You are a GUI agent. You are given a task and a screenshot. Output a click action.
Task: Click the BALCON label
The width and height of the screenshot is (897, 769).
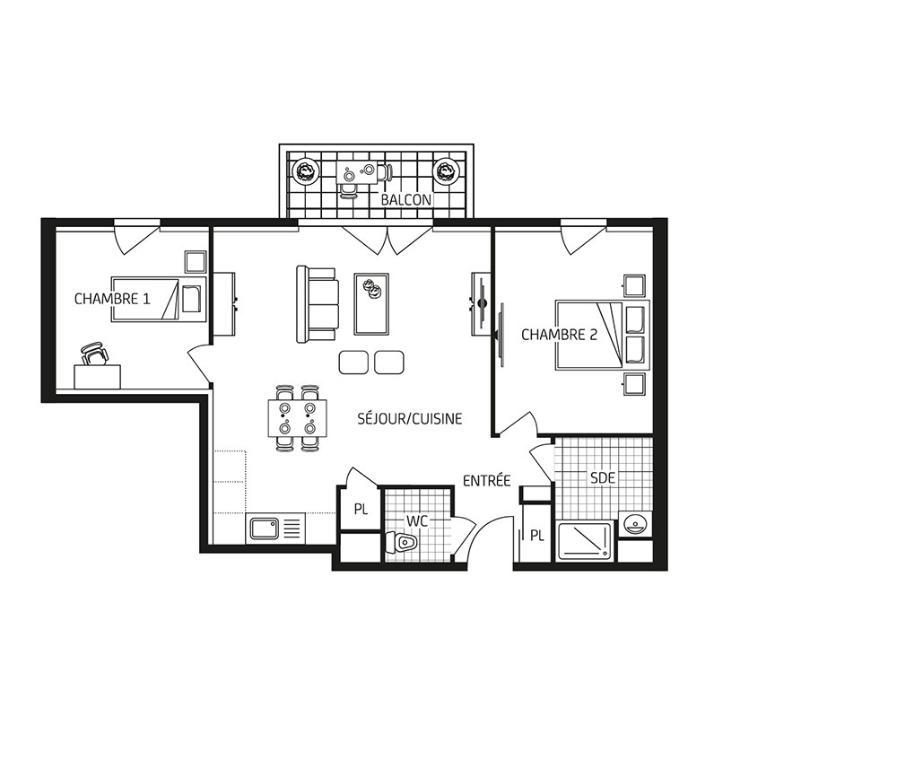point(405,200)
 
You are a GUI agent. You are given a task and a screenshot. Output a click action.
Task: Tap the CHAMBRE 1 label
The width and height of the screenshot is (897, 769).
point(112,299)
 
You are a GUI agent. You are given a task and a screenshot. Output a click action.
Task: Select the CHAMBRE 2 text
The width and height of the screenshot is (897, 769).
point(559,334)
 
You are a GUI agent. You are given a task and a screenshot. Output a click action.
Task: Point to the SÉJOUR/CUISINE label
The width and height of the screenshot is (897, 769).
point(410,419)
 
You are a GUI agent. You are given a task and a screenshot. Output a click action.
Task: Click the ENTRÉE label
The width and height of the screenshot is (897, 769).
point(486,481)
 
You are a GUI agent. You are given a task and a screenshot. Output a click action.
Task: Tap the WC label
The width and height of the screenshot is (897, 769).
point(417,521)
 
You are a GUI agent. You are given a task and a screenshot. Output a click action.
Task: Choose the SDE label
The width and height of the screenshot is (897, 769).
point(603,477)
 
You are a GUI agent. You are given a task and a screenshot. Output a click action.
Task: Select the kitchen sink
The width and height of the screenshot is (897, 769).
point(263,529)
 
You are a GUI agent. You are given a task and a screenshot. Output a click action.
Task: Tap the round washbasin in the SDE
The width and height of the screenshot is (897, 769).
point(635,522)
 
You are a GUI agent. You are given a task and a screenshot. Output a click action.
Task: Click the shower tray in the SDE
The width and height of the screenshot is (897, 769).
point(585,541)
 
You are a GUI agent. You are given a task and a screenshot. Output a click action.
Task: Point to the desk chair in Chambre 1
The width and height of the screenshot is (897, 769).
point(95,354)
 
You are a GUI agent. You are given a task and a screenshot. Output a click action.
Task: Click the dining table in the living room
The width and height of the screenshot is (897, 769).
point(298,418)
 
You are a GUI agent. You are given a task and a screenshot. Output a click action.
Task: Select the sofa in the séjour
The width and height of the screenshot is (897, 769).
point(317,304)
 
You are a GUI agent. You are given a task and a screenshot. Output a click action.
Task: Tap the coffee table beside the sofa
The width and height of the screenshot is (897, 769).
point(371,304)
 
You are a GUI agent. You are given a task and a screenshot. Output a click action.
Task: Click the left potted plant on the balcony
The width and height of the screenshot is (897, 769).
point(306,171)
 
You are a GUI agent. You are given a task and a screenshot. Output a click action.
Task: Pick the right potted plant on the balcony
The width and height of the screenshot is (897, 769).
point(446,171)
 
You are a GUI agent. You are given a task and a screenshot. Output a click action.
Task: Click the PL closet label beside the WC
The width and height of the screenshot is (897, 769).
point(361,509)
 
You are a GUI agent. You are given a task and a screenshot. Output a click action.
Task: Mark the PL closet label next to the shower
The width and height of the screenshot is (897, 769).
point(536,536)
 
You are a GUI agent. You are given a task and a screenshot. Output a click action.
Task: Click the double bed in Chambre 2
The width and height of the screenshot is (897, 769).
point(602,335)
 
